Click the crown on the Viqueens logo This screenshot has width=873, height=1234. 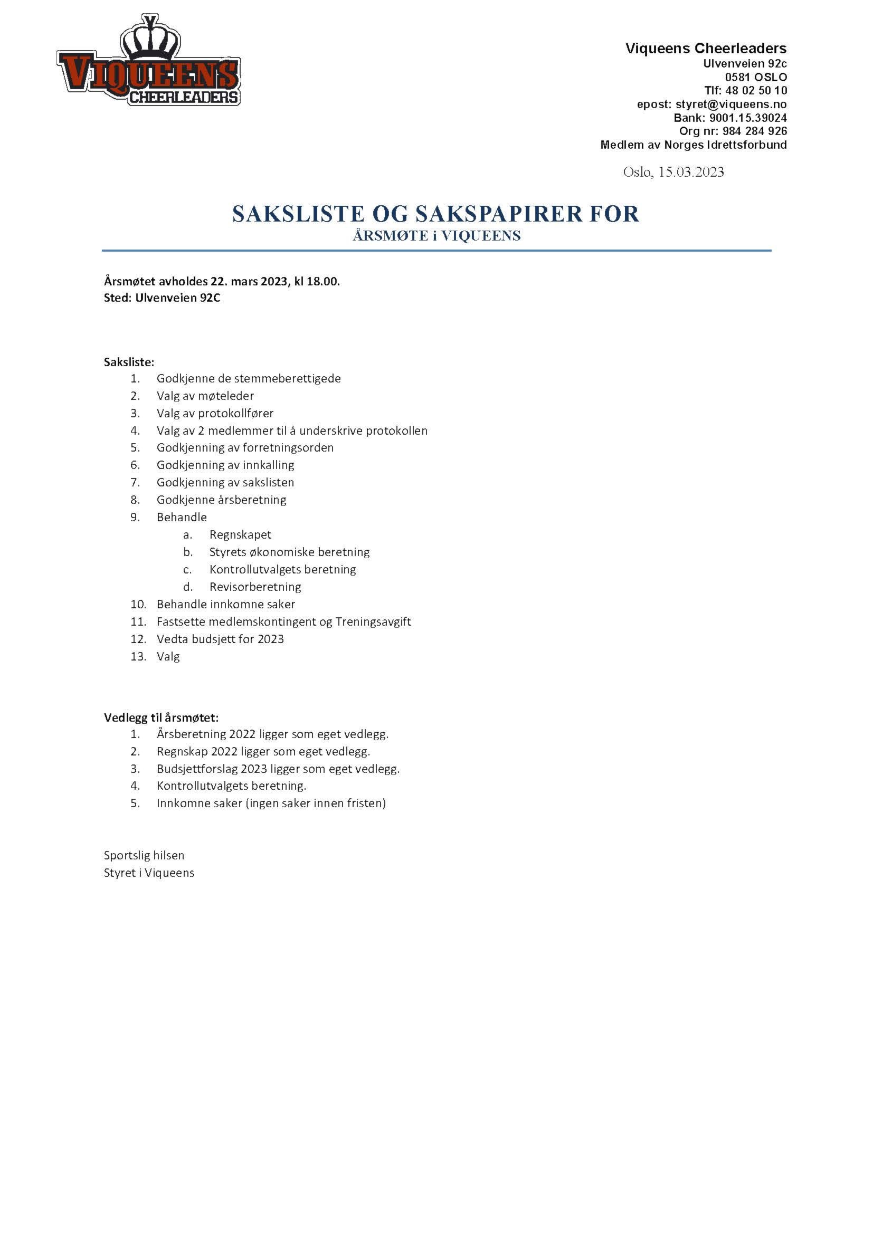click(x=150, y=39)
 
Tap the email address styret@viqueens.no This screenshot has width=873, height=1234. click(x=730, y=104)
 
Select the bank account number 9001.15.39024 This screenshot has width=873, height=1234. click(x=748, y=118)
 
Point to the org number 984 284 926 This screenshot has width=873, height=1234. click(x=754, y=131)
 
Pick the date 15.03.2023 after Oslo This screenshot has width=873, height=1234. click(x=691, y=172)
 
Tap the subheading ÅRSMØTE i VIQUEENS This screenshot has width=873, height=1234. click(x=437, y=236)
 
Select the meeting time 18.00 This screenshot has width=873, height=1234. click(x=323, y=281)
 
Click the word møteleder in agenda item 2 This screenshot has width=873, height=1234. click(x=226, y=396)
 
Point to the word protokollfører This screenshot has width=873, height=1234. click(x=235, y=413)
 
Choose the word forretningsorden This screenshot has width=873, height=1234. click(x=288, y=448)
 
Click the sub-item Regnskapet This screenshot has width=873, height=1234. click(x=240, y=535)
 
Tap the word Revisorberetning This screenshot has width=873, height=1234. click(x=255, y=587)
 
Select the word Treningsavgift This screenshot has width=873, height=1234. click(x=373, y=622)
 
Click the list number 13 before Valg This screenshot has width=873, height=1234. click(x=138, y=656)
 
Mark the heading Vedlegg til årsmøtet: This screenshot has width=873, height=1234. click(x=162, y=718)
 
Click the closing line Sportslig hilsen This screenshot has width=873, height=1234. click(x=144, y=855)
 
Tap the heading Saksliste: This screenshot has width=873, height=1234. click(x=129, y=362)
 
